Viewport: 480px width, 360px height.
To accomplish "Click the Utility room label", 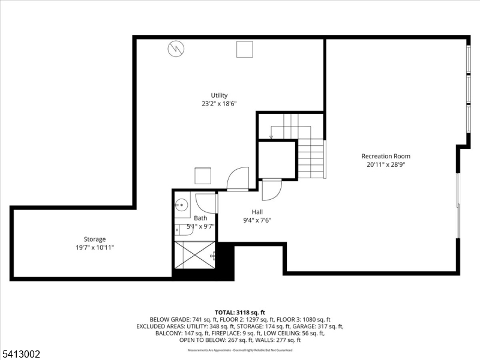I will [219, 95].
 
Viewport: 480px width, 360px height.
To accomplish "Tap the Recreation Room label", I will [385, 156].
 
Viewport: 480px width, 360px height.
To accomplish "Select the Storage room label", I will [94, 239].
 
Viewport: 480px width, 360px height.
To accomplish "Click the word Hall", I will [257, 212].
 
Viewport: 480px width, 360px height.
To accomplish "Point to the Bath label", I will [200, 218].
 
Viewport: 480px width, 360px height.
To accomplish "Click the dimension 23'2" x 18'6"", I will [219, 104].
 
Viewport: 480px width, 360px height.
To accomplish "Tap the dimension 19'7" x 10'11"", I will [94, 247].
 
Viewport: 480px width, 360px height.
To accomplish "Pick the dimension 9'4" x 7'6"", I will [257, 220].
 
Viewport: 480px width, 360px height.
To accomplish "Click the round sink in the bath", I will [180, 205].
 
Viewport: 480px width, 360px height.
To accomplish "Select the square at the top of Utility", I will [244, 49].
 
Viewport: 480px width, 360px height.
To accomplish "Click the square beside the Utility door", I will [202, 176].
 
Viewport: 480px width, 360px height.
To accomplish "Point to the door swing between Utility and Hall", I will [237, 179].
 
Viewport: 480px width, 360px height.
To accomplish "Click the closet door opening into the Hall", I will [271, 190].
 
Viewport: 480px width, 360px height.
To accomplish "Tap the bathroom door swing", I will [206, 203].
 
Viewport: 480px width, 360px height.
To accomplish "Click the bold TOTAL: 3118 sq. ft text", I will [239, 313].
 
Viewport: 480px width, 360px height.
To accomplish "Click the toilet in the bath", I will [181, 229].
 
